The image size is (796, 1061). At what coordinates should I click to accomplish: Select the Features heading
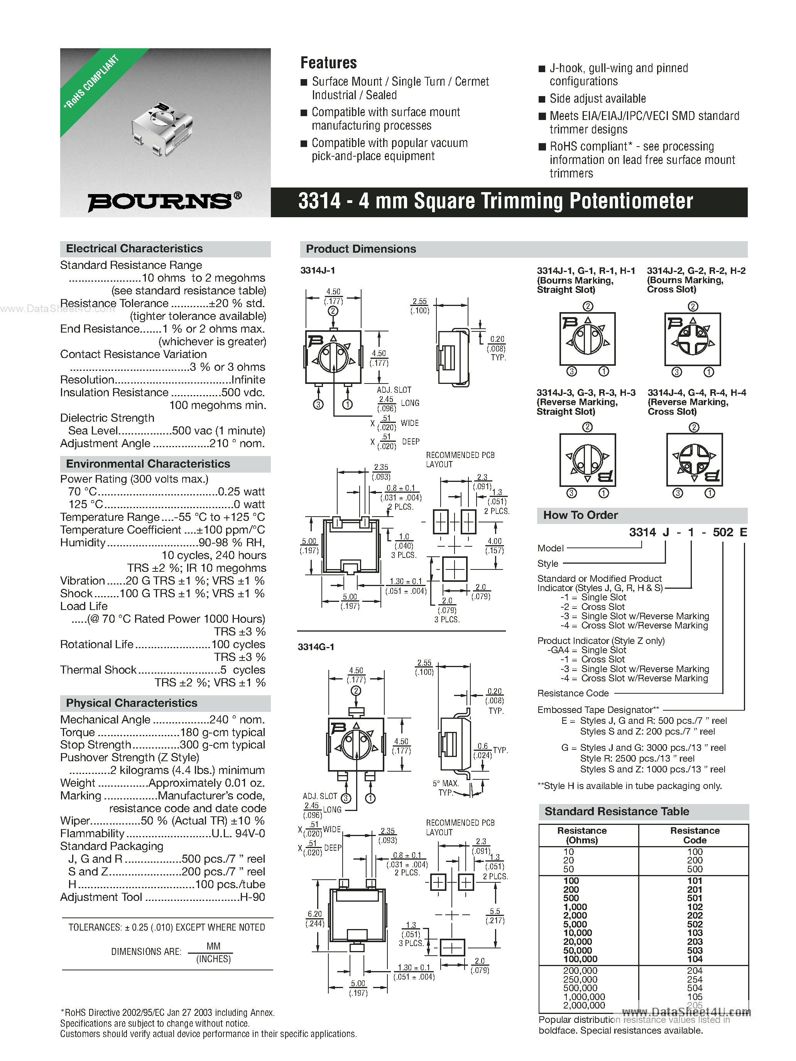tap(329, 63)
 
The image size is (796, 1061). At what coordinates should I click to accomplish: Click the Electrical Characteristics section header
tap(134, 248)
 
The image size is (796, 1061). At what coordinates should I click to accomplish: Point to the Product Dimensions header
tap(361, 249)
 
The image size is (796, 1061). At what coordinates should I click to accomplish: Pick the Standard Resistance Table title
tap(617, 812)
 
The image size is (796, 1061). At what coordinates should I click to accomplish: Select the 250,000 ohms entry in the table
tap(580, 980)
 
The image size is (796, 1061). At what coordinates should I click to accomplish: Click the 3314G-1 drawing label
tap(316, 647)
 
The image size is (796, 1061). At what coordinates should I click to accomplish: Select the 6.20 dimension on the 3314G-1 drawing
tap(315, 914)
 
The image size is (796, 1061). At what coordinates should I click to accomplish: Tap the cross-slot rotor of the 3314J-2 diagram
tap(692, 340)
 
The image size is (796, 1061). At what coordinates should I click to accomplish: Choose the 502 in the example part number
tap(723, 532)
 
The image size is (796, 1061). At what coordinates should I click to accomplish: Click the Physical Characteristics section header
tap(132, 703)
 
